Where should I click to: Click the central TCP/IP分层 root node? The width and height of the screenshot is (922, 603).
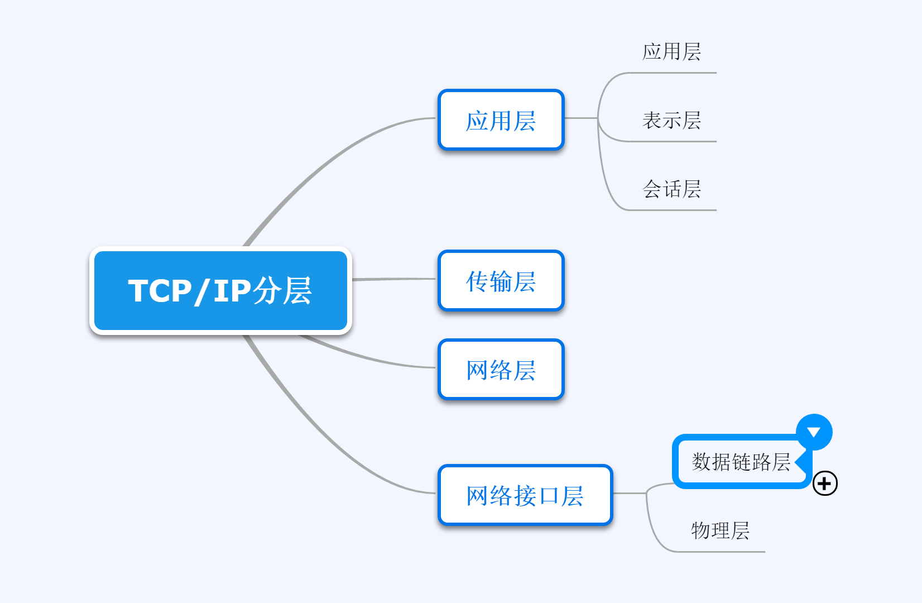tap(220, 290)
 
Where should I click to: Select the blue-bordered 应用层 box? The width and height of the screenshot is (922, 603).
tap(501, 120)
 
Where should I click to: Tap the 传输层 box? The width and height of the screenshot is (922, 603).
tap(501, 281)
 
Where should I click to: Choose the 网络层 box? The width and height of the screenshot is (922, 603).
tap(501, 370)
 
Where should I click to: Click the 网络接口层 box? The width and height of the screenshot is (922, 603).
tap(525, 495)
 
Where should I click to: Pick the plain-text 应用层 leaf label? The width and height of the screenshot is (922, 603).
tap(671, 51)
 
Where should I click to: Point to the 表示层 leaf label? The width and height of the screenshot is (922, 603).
tap(671, 120)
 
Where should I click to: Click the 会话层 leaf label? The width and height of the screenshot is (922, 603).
tap(671, 189)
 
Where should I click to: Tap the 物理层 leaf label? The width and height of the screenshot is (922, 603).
tap(720, 530)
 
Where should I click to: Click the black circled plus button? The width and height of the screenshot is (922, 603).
tap(825, 483)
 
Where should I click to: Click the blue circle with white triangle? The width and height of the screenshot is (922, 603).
tap(814, 432)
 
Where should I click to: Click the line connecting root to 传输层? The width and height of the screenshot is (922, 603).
tap(393, 279)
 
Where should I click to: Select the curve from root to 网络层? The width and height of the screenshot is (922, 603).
tap(368, 358)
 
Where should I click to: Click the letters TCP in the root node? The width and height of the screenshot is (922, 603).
tap(160, 291)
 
